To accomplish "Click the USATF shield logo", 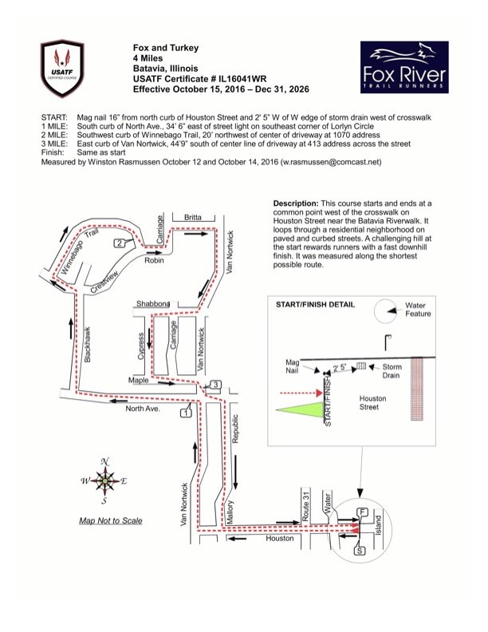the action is click(62, 68).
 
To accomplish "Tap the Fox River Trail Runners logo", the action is click(404, 67).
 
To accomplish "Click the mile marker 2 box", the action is click(119, 243).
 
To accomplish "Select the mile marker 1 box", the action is click(186, 413).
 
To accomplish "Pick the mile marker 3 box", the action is click(216, 385).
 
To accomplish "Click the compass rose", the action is click(104, 481).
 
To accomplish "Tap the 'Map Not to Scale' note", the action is click(111, 520).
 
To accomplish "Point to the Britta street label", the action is click(193, 217).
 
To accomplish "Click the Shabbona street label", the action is click(152, 303).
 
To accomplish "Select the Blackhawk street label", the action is click(88, 344).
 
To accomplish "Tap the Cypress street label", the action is click(141, 346).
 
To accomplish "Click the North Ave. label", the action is click(143, 409).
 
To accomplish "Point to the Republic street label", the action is click(235, 429).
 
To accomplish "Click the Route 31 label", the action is click(306, 505).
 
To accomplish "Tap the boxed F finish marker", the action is click(362, 512).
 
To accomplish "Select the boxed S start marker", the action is click(360, 550).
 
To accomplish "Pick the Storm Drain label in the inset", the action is click(392, 371).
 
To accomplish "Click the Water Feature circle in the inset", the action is click(385, 311).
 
